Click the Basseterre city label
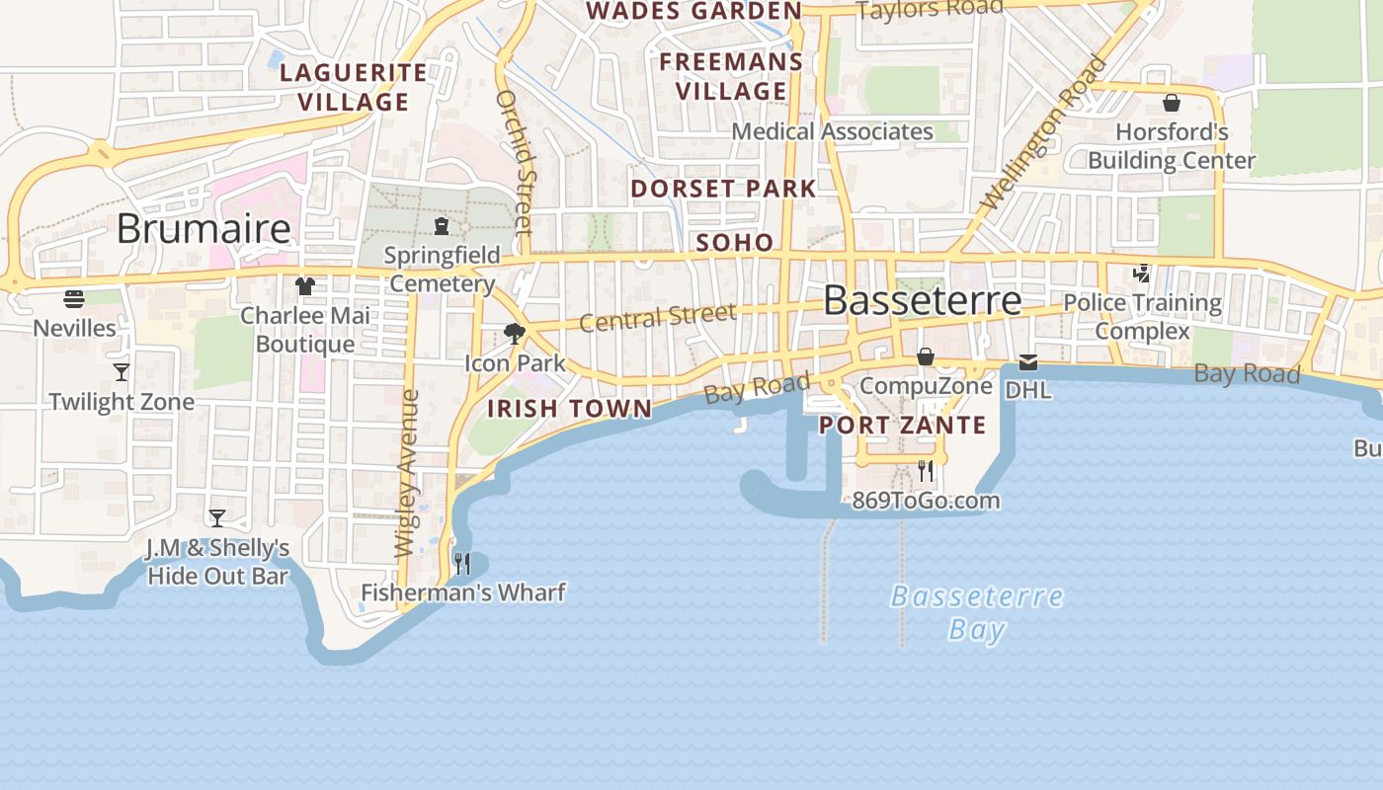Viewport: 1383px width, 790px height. (922, 300)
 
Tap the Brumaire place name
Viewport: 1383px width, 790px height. (203, 229)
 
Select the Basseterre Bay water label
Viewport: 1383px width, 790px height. (977, 612)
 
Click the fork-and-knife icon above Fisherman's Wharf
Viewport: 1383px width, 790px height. (461, 563)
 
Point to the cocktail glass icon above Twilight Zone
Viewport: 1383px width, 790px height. (122, 371)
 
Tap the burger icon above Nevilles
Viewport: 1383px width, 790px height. (74, 298)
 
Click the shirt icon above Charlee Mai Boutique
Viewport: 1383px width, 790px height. (305, 286)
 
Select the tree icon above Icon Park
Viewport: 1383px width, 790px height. (514, 333)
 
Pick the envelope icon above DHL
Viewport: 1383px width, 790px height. (1028, 362)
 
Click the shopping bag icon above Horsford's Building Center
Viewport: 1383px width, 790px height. (1172, 102)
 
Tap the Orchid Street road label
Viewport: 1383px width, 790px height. (515, 162)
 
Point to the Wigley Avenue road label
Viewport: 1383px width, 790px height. (407, 474)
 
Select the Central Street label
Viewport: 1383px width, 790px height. (657, 318)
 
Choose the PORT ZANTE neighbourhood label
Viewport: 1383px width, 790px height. (903, 426)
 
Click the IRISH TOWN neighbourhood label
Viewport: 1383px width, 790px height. (570, 409)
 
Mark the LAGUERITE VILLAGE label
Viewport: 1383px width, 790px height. (353, 87)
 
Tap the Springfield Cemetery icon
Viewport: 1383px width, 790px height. (442, 226)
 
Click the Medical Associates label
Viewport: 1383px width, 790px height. (832, 131)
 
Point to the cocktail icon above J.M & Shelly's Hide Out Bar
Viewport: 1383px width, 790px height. (216, 517)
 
